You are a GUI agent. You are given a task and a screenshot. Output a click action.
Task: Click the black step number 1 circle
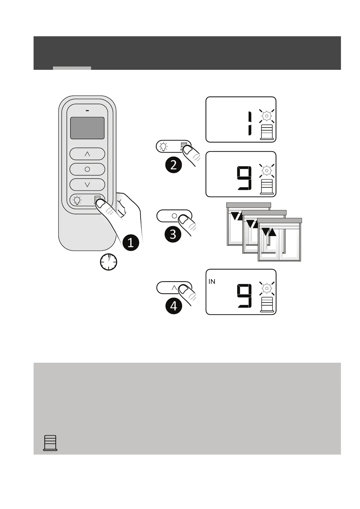[131, 242]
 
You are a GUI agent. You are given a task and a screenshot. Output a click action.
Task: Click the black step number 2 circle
[173, 165]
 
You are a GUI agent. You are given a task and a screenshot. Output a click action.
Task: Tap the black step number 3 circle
[173, 234]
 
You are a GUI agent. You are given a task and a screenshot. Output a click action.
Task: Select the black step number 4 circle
[173, 306]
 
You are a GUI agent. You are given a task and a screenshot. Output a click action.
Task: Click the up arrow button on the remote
[87, 154]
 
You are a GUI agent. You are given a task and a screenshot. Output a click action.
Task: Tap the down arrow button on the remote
[87, 184]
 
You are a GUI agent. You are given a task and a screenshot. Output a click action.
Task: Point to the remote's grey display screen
[87, 128]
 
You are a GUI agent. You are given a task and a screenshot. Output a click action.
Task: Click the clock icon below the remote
[109, 262]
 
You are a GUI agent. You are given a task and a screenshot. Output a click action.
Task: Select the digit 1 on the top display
[249, 123]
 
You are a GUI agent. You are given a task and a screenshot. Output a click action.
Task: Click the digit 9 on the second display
[244, 179]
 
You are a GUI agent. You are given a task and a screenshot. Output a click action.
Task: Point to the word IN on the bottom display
[212, 282]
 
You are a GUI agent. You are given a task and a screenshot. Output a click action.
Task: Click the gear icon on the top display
[267, 115]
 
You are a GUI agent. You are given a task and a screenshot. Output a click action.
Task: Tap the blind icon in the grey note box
[50, 443]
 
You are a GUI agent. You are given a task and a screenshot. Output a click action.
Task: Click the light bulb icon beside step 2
[164, 146]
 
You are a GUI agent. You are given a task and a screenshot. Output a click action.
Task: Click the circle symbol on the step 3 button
[174, 216]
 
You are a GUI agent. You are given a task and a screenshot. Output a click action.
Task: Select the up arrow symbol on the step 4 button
[174, 288]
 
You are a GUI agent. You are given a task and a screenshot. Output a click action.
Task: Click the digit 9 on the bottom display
[244, 297]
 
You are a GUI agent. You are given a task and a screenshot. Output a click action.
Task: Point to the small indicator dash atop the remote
[87, 111]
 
